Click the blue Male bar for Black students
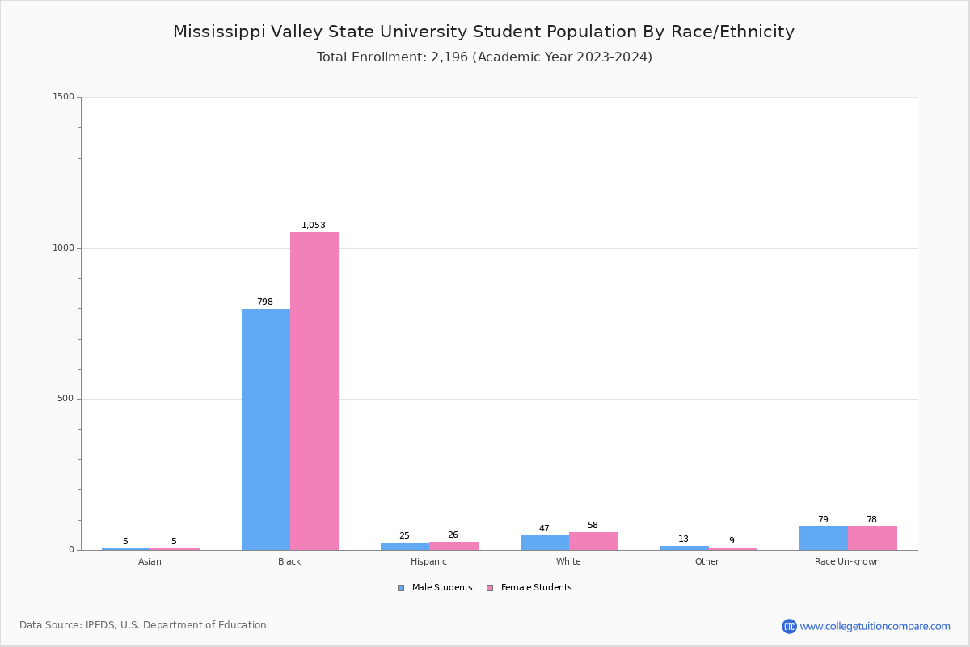(266, 429)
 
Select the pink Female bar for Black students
(314, 391)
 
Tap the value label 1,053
(314, 226)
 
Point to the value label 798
(265, 302)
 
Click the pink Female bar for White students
(593, 541)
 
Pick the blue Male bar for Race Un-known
(824, 539)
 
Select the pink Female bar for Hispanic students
(453, 546)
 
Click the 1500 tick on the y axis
(64, 97)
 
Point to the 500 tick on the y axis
(65, 399)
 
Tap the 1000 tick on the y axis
(64, 248)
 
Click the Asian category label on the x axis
(150, 561)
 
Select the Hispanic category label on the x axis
(428, 561)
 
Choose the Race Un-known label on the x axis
(847, 561)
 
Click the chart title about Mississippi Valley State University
(483, 32)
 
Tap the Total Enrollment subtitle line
(484, 57)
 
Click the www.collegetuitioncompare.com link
(875, 626)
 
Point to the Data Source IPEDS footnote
(143, 625)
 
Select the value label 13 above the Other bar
(683, 539)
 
